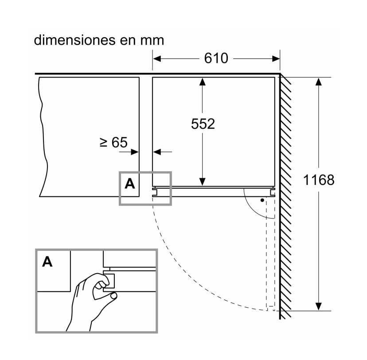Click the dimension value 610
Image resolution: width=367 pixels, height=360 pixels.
coord(216,58)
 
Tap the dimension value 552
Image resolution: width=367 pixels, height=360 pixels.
coord(203,124)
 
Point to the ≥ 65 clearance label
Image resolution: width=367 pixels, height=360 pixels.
coord(113,142)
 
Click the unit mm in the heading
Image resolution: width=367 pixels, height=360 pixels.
coord(152,40)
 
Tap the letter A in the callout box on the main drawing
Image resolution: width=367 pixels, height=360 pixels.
coord(129,184)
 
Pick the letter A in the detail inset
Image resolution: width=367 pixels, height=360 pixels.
coord(47,262)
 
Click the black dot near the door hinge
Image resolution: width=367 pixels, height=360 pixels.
coord(262,200)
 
